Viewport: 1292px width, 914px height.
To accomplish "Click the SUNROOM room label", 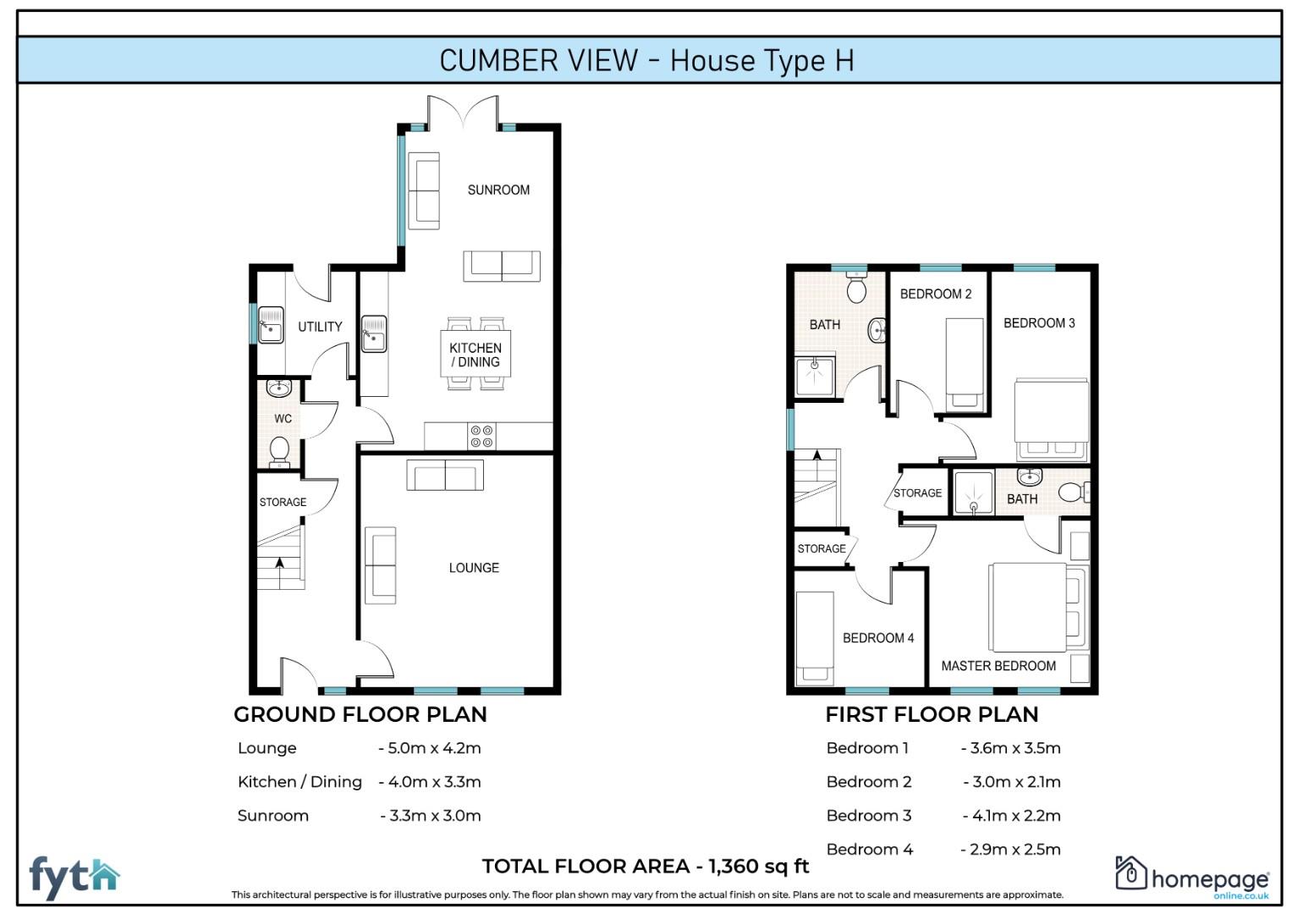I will [498, 190].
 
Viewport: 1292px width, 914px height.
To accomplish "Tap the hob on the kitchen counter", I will [481, 437].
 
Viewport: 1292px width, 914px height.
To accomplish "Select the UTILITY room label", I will [320, 327].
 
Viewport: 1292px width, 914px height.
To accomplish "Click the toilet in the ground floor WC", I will [279, 450].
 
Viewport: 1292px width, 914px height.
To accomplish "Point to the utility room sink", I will [271, 324].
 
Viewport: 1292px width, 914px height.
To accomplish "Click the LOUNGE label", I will [474, 568].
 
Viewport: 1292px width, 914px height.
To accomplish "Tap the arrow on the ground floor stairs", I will [279, 561].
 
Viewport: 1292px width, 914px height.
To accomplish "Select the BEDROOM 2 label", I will [935, 294].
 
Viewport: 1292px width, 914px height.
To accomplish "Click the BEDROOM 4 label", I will [877, 638].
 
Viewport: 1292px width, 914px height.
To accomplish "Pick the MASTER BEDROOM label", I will [998, 666].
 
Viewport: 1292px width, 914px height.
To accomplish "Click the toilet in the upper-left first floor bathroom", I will [856, 288].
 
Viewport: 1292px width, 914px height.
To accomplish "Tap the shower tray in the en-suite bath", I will [973, 493].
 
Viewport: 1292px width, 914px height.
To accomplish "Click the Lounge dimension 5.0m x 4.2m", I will [430, 748].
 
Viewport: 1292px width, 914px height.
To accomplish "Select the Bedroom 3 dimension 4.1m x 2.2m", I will [1011, 816].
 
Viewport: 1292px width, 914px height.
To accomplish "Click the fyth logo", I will [74, 878].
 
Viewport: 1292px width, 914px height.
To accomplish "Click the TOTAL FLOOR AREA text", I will [645, 866].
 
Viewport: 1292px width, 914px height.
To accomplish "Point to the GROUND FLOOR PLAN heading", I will [360, 714].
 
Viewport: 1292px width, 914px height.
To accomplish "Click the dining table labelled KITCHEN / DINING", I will [475, 355].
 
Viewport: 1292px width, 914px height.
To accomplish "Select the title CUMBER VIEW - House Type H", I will [646, 60].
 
